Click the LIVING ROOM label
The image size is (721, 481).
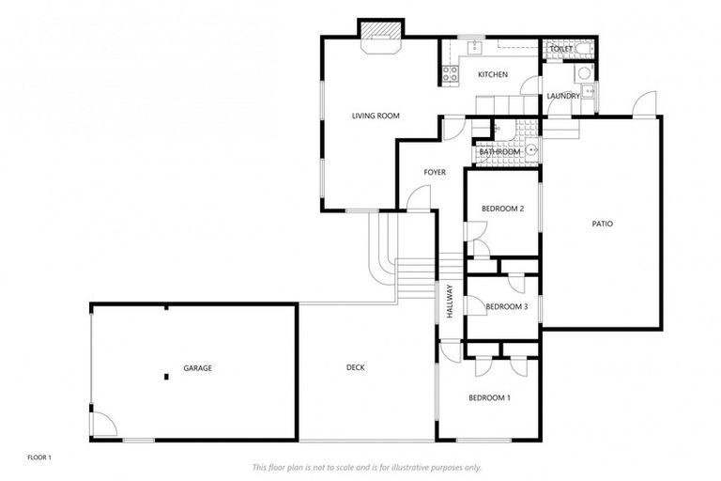[376, 116]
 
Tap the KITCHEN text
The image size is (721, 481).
[493, 74]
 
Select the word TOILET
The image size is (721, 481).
[560, 49]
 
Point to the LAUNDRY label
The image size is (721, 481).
[563, 96]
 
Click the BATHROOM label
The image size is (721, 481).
[499, 152]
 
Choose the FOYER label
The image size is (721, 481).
[434, 172]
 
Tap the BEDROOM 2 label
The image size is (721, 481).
[502, 209]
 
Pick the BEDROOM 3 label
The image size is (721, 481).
[506, 306]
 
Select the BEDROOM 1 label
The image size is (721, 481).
[489, 397]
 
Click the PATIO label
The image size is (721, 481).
[602, 224]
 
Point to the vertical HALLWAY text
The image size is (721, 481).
[450, 302]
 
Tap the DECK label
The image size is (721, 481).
[355, 368]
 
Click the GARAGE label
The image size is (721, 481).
[197, 368]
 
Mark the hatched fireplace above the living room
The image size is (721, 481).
[381, 31]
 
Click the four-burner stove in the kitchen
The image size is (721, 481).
[449, 72]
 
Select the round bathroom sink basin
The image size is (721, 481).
[530, 148]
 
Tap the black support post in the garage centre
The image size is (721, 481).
[166, 377]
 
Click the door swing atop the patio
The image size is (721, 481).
[644, 105]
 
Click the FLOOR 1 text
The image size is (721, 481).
[38, 458]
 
